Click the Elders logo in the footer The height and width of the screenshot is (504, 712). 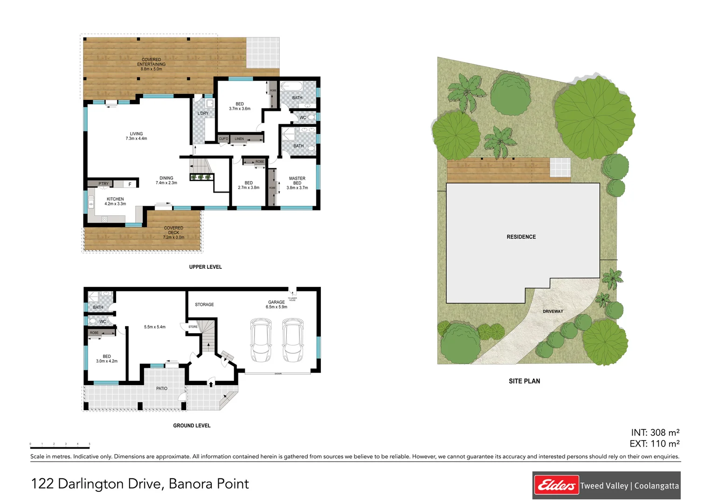pos(556,485)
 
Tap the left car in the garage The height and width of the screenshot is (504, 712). pos(261,340)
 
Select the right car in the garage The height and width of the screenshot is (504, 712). pos(293,340)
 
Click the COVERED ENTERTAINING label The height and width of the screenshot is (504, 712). pos(151,64)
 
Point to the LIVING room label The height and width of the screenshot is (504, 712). pos(136,136)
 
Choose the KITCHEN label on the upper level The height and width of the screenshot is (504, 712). pos(115,201)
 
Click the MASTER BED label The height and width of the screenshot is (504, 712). pos(297,183)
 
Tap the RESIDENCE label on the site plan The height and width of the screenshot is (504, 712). pos(521,237)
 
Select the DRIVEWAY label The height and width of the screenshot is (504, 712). pos(553,311)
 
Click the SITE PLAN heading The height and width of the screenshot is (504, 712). pos(524,381)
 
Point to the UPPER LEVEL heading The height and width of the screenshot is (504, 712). pos(205,267)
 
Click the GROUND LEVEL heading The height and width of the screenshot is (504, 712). pos(192,426)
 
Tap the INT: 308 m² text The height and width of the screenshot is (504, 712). pos(655,433)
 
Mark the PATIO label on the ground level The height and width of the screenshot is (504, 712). pos(162,388)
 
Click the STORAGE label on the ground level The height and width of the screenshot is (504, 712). pos(204,305)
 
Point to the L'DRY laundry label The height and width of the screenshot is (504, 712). pos(203,113)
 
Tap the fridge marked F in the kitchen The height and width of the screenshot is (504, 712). pos(130,184)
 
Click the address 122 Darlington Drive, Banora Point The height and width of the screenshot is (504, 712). pos(140,484)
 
